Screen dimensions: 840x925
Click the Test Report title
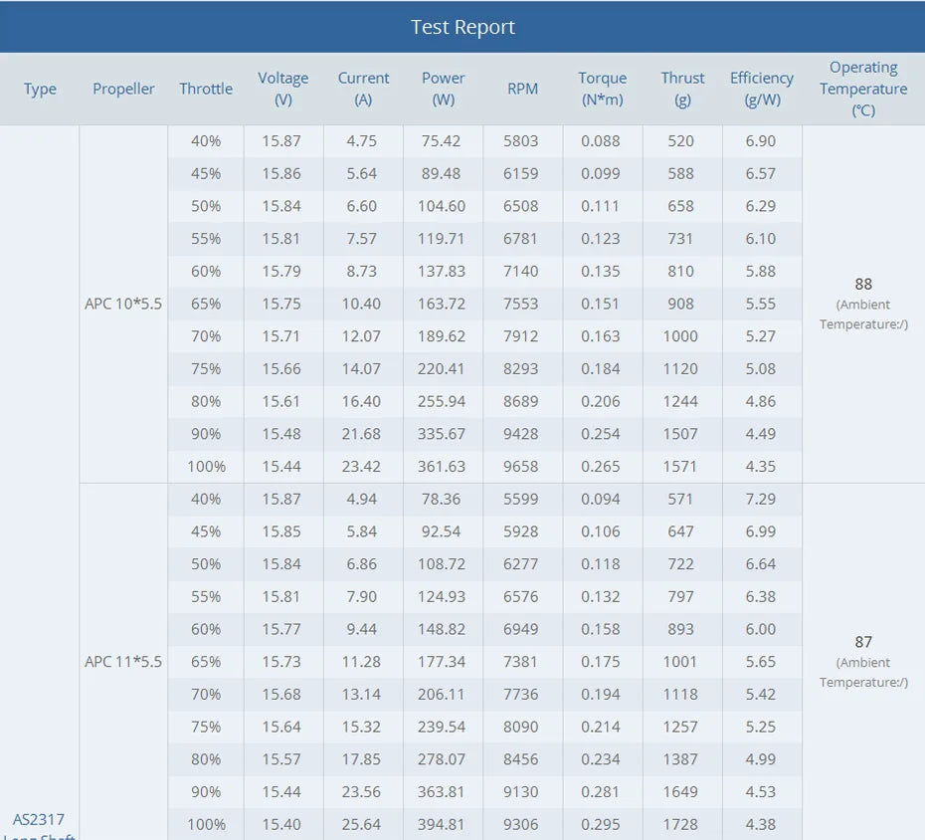(462, 27)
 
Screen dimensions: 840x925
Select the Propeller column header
(123, 89)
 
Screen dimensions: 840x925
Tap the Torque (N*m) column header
(602, 89)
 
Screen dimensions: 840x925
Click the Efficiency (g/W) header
(761, 89)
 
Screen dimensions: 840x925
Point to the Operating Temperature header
(862, 89)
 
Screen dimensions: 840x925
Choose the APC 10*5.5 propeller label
(123, 304)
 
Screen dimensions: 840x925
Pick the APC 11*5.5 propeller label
(123, 662)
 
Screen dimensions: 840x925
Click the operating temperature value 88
(862, 284)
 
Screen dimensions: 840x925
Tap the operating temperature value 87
(862, 642)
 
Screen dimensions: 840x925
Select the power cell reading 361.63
(443, 466)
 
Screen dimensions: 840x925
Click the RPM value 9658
(521, 466)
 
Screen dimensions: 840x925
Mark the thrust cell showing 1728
(680, 824)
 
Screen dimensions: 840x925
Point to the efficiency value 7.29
(761, 499)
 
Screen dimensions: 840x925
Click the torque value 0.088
(601, 141)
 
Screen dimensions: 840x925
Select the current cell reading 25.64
(362, 824)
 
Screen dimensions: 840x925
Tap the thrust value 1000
(680, 336)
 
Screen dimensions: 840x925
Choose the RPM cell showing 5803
(521, 141)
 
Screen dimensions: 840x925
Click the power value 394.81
(443, 824)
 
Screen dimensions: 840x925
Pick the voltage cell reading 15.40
(282, 824)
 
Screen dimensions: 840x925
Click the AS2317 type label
(39, 820)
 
